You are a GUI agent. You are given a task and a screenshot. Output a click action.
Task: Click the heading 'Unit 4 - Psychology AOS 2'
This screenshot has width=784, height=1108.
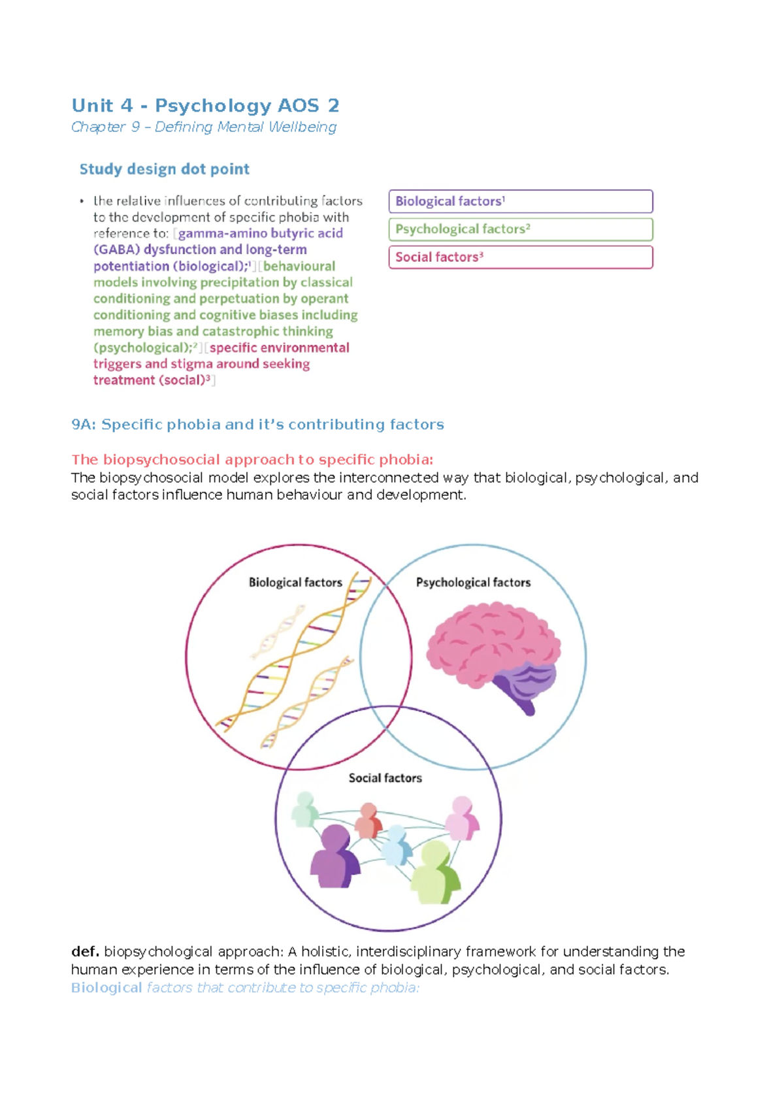[x=205, y=105]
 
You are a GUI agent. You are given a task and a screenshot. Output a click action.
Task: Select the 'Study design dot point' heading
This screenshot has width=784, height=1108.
[x=164, y=169]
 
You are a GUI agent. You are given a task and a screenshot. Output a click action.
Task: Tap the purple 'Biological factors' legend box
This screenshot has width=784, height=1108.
[x=520, y=201]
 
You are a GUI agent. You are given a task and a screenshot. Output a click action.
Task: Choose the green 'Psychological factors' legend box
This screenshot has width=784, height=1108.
[x=520, y=229]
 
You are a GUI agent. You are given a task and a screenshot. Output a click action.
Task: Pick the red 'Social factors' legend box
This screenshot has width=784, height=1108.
[x=520, y=257]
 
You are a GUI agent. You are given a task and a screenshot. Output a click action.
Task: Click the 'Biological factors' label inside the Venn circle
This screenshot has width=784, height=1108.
[x=295, y=582]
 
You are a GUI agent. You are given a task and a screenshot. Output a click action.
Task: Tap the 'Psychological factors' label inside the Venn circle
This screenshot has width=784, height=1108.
[x=473, y=582]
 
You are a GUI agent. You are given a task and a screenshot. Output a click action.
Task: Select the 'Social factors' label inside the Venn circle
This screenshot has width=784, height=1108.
[x=385, y=778]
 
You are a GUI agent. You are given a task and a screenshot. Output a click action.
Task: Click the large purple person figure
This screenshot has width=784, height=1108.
[x=334, y=856]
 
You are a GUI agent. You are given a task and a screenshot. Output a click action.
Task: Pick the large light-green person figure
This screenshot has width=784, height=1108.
[x=435, y=872]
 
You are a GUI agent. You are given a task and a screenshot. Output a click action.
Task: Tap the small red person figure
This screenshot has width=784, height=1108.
[x=368, y=821]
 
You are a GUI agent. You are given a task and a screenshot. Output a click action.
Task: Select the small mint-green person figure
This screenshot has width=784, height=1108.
[x=304, y=809]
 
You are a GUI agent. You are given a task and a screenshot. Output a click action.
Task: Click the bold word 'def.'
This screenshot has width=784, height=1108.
[x=85, y=951]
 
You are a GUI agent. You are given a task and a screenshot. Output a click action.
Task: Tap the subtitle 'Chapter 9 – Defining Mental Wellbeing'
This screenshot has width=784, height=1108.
[x=204, y=127]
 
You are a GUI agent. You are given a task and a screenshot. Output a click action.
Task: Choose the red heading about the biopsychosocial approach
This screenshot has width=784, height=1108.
[x=252, y=459]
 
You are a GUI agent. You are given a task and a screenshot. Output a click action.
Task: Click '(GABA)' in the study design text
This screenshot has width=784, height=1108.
[x=116, y=250]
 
